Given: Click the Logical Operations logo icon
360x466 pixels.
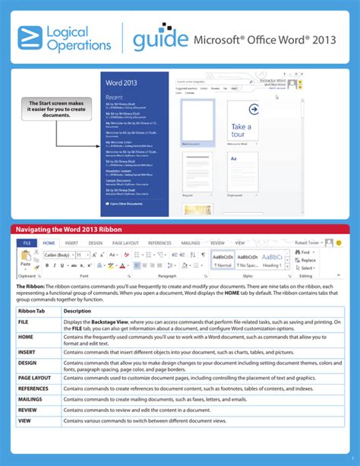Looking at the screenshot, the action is click(31, 37).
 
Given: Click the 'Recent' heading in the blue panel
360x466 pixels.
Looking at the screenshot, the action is click(115, 97).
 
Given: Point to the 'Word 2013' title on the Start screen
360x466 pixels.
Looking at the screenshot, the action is click(122, 81).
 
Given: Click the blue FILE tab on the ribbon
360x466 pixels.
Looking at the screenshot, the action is click(26, 243).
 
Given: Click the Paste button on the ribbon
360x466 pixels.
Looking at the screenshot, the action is click(25, 262).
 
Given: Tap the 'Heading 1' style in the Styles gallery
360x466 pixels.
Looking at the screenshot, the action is click(271, 265).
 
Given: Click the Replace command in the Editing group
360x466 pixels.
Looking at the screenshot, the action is click(308, 260).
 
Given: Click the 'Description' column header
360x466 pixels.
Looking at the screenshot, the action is click(77, 311).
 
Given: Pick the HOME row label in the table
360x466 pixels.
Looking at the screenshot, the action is click(27, 336).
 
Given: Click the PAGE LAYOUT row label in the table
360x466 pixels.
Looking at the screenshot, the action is click(34, 377).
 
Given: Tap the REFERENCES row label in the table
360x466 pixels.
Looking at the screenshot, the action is click(34, 388).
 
